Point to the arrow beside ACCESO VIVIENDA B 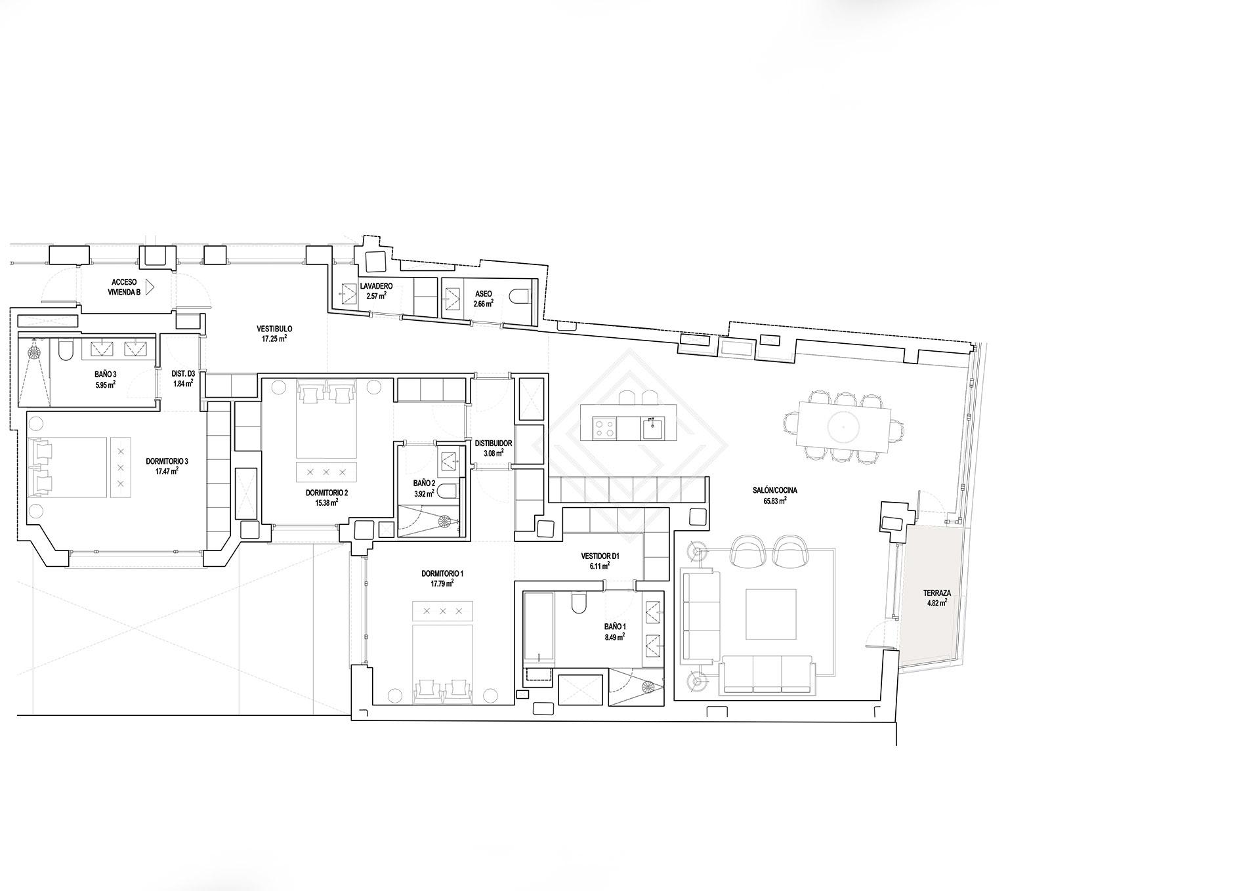(150, 287)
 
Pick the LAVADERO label (376, 287)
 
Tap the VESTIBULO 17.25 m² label (274, 333)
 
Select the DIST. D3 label (183, 374)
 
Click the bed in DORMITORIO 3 (68, 467)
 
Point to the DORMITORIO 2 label (326, 493)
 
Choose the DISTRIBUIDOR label (493, 444)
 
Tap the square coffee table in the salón (771, 614)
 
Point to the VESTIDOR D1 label (600, 556)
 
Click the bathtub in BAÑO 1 (539, 629)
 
